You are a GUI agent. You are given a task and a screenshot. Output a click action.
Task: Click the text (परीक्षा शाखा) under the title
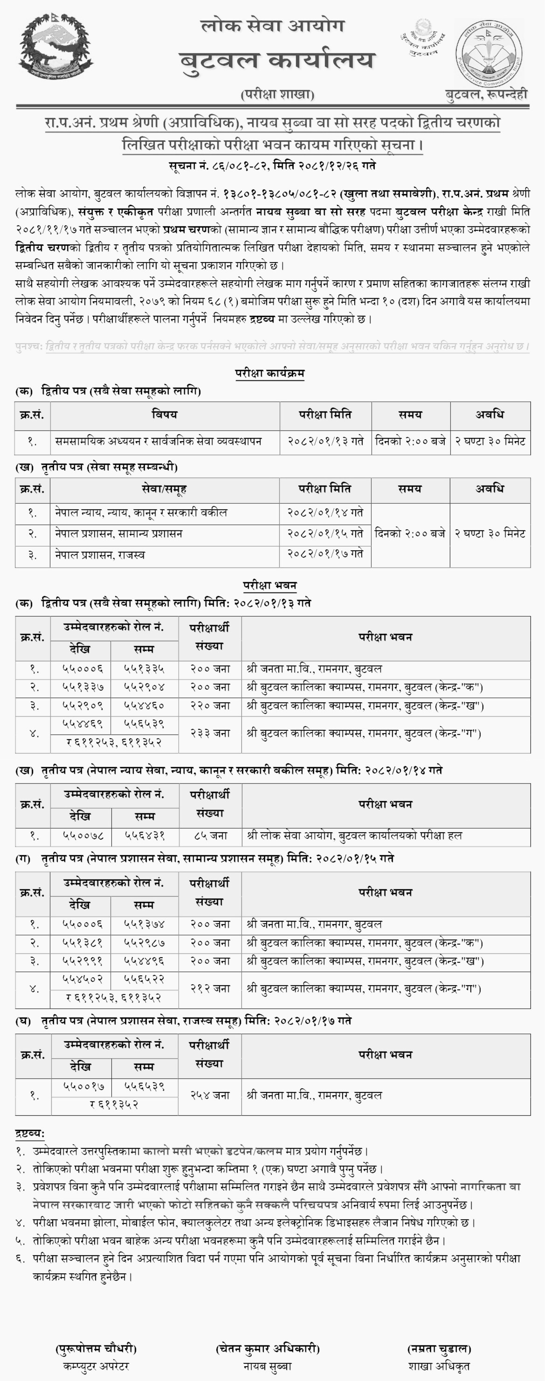(x=277, y=94)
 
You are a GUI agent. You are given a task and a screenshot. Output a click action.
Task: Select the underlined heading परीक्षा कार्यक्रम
(x=270, y=373)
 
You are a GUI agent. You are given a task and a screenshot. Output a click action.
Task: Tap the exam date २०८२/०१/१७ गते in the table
(x=325, y=553)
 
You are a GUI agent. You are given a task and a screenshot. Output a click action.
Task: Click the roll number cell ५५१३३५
(x=144, y=669)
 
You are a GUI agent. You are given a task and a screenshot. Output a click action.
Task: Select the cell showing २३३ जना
(x=210, y=733)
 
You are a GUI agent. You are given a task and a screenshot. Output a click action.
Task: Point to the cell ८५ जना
(x=210, y=835)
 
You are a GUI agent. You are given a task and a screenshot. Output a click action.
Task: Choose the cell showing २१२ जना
(x=210, y=988)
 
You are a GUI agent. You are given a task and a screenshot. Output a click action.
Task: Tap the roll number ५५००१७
(x=80, y=1086)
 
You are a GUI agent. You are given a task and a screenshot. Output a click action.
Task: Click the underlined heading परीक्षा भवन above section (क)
(x=270, y=585)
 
